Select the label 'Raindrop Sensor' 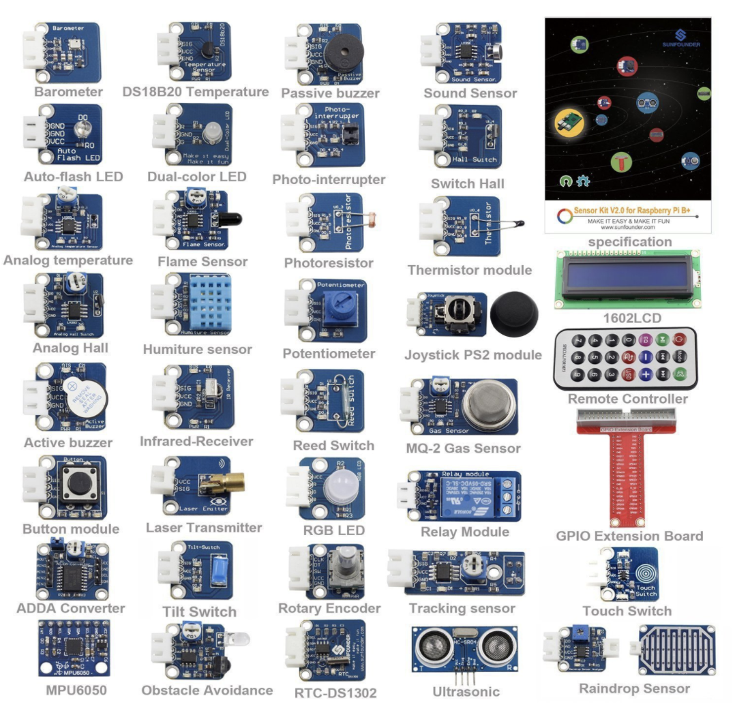click(x=634, y=688)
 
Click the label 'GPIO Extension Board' click(x=629, y=536)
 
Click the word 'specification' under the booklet click(x=629, y=242)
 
